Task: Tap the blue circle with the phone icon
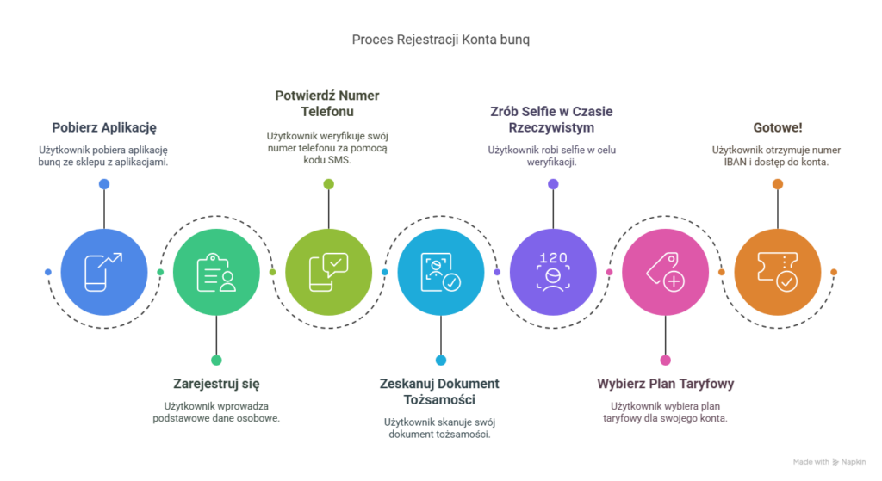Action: pos(104,272)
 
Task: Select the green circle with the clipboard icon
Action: pos(216,272)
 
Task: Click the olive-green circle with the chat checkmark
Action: pos(328,272)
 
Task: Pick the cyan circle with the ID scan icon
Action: pos(440,272)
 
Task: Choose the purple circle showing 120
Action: pos(552,272)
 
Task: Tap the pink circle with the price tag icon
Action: pos(665,272)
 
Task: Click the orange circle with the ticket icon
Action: pos(777,272)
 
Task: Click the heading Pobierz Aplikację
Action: pos(104,128)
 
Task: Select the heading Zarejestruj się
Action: pos(216,384)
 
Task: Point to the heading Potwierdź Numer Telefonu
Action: pos(327,103)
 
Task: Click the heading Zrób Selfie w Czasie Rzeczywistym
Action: pos(552,120)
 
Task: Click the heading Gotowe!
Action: pos(777,127)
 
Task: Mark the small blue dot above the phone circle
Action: pos(104,184)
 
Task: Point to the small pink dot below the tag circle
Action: pos(665,360)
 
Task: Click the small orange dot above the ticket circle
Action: pos(777,184)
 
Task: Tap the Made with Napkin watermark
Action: pos(829,462)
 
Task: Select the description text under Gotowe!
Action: pos(777,155)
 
